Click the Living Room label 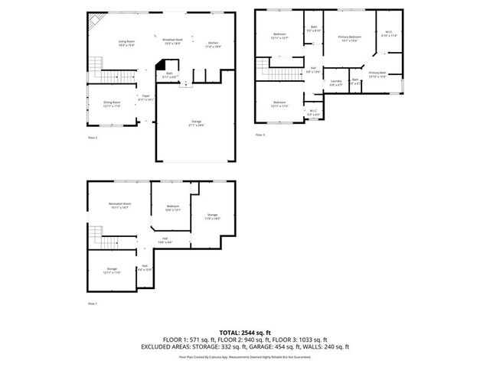126,44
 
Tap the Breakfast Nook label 172,41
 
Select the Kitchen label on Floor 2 213,44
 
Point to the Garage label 197,122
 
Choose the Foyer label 145,96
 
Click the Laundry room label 335,82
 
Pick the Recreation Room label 119,206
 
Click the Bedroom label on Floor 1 174,207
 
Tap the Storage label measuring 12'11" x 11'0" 113,270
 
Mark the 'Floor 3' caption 260,135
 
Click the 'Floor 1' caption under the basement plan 93,304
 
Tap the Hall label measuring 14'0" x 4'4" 165,240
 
